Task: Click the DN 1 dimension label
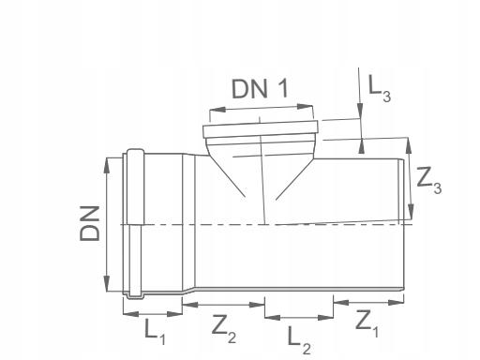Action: click(260, 88)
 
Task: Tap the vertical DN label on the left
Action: click(90, 223)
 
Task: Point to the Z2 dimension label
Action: click(224, 328)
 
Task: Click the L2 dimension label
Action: click(299, 340)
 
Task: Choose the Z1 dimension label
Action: click(367, 323)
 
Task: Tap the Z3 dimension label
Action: click(429, 181)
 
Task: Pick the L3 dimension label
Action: click(380, 89)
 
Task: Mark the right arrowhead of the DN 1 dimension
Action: click(305, 107)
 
